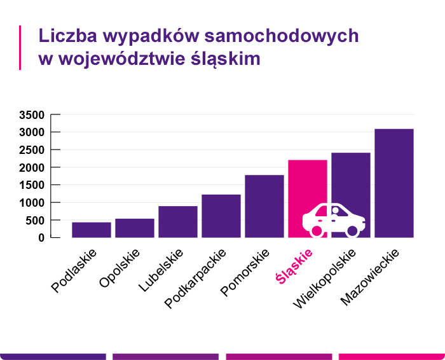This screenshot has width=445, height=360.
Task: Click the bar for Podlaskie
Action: coord(92,230)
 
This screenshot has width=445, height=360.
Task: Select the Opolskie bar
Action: coord(135,228)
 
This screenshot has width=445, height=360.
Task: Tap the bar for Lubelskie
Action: coord(178,221)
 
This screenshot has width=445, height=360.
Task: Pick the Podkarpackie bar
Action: coord(221,216)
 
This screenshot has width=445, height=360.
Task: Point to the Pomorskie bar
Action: coord(264,206)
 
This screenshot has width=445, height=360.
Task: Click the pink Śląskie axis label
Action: coord(295,266)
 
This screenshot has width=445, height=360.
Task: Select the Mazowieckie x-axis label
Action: coord(370,276)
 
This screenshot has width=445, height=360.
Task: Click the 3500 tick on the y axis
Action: coord(31,115)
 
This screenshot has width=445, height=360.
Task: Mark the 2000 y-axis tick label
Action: coord(31,168)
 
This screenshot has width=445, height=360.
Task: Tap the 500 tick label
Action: coord(36,221)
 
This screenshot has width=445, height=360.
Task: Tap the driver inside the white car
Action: coord(335,211)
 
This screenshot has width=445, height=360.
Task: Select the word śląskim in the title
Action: coord(226,59)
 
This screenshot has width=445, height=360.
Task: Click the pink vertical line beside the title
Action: coord(20,47)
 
